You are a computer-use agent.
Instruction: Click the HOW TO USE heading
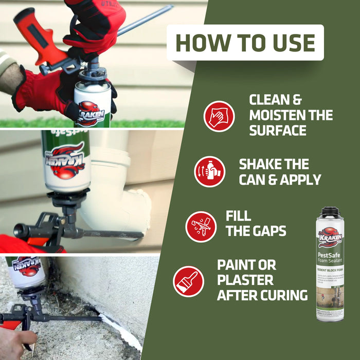[245, 43]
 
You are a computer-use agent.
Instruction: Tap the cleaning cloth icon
[219, 116]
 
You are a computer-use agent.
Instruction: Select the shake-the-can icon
[209, 171]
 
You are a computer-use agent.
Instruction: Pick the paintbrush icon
[188, 281]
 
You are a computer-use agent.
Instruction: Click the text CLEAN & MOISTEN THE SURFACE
[291, 115]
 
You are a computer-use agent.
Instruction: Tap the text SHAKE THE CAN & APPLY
[279, 172]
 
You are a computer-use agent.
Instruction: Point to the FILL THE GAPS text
[256, 224]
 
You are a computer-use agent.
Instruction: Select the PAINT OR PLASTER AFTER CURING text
[262, 280]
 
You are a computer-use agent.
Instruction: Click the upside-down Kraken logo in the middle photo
[66, 161]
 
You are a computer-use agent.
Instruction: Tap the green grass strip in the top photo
[149, 123]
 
